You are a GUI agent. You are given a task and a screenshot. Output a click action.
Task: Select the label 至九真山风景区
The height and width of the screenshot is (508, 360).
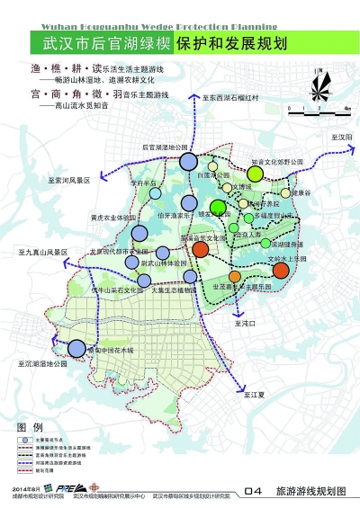click(x=41, y=254)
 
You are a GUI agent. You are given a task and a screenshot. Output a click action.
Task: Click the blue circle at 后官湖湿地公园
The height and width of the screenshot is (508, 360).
click(x=188, y=162)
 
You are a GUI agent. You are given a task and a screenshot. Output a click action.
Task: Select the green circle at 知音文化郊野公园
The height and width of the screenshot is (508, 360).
click(x=256, y=174)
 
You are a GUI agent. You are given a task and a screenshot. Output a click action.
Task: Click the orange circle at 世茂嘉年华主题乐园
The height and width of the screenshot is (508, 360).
click(x=236, y=275)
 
